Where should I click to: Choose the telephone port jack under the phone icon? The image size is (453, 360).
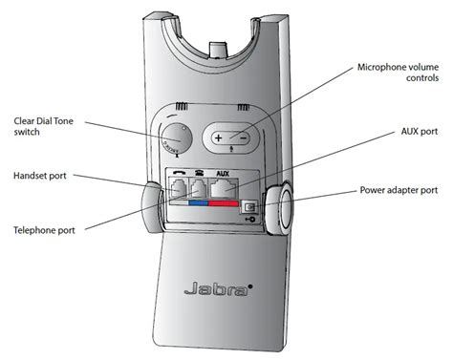(200, 188)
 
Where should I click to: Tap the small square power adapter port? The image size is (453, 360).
(252, 204)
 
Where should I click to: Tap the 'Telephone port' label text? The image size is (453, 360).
(45, 230)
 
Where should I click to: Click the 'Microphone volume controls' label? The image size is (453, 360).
(399, 74)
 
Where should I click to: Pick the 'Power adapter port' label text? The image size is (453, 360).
(400, 190)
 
